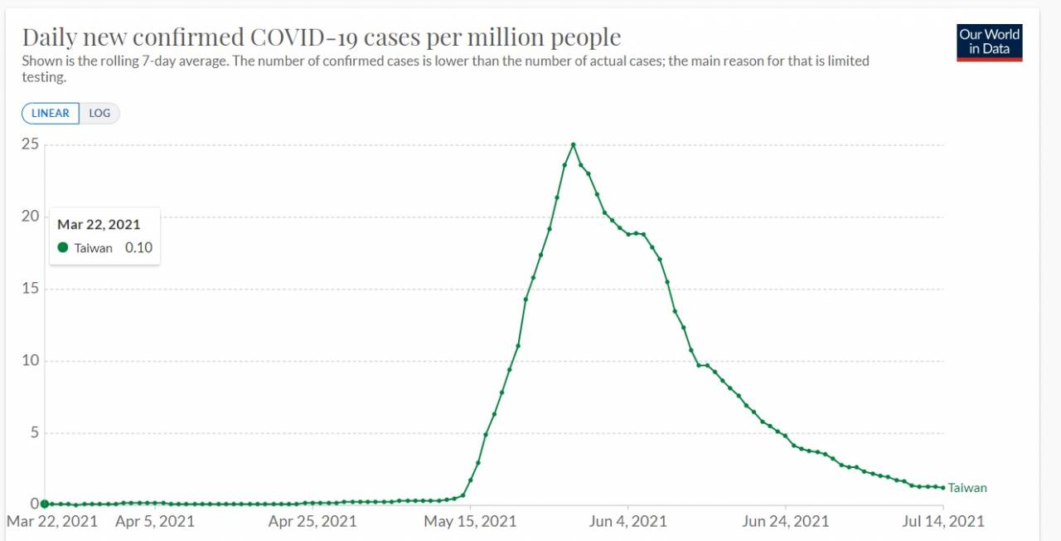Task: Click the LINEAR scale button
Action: (51, 113)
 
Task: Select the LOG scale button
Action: (99, 113)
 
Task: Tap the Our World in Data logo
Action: (989, 42)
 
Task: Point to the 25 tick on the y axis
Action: (30, 144)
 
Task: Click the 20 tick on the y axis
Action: (30, 217)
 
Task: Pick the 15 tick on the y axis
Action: (30, 289)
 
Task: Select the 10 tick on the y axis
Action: (30, 360)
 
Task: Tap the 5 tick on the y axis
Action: (34, 432)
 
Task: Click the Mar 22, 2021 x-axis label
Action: (51, 521)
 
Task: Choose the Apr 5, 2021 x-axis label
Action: (155, 521)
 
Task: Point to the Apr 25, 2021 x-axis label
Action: (312, 521)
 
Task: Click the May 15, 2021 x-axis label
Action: (470, 521)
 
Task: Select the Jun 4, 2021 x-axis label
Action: (627, 521)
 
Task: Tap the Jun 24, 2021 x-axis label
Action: (785, 521)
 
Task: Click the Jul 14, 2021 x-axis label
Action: (943, 521)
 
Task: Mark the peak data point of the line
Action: (573, 144)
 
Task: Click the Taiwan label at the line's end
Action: (967, 488)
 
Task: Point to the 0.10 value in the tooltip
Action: (138, 247)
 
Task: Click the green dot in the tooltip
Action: (63, 247)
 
